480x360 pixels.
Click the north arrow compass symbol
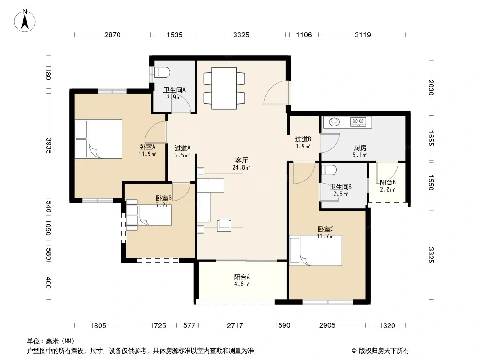[x=25, y=20]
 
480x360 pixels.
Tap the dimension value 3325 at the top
[x=241, y=35]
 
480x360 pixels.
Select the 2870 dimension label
[x=113, y=35]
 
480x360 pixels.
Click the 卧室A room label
[x=147, y=147]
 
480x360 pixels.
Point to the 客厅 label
[x=241, y=160]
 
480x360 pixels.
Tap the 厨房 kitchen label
[x=360, y=148]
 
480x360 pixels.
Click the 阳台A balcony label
[x=242, y=277]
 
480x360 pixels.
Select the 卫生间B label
[x=340, y=187]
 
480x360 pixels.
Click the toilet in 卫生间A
[x=162, y=72]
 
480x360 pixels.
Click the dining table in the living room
[x=224, y=88]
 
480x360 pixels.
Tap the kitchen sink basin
[x=334, y=122]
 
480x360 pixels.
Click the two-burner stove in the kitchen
[x=358, y=122]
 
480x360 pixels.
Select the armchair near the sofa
[x=224, y=225]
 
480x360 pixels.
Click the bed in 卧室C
[x=316, y=250]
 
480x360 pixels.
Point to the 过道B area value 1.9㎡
[x=303, y=147]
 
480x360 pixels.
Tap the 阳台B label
[x=388, y=183]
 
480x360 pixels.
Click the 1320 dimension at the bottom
[x=387, y=325]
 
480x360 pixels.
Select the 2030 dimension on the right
[x=431, y=87]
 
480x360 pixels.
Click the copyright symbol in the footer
[x=354, y=351]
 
